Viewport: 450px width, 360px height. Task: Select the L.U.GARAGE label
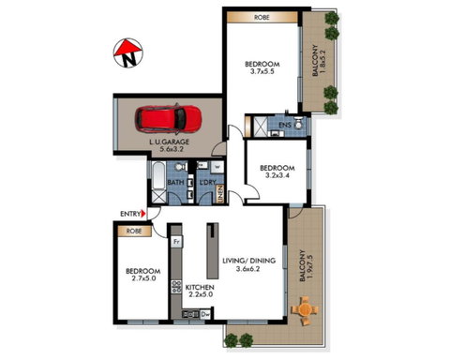coord(172,142)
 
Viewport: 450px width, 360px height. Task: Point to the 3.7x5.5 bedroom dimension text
coord(258,73)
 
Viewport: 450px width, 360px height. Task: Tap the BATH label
coord(175,182)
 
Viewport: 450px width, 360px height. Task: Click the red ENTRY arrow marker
coord(142,215)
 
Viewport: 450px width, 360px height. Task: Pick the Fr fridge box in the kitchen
coord(176,241)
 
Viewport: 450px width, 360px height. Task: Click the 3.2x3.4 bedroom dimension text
coord(276,175)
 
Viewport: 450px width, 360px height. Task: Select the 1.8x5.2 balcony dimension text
coord(322,63)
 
